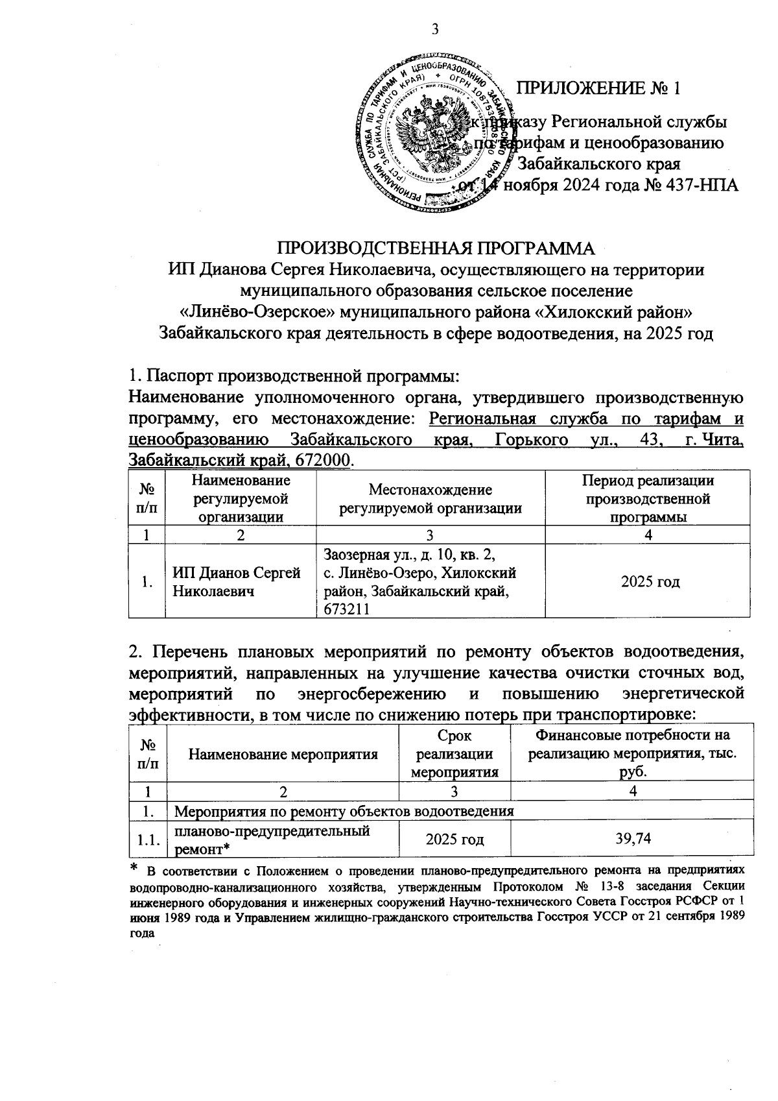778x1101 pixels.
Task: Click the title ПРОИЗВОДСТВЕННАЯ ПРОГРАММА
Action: click(x=436, y=249)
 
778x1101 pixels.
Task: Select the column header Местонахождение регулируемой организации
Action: click(x=430, y=499)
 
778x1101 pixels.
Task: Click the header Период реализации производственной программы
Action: click(x=648, y=499)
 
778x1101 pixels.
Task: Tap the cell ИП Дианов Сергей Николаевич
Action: click(x=237, y=582)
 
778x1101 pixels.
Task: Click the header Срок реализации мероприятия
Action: click(x=454, y=754)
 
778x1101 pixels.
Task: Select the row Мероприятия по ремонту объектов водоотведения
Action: click(x=345, y=811)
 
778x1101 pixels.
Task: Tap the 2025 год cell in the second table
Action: click(x=454, y=840)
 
